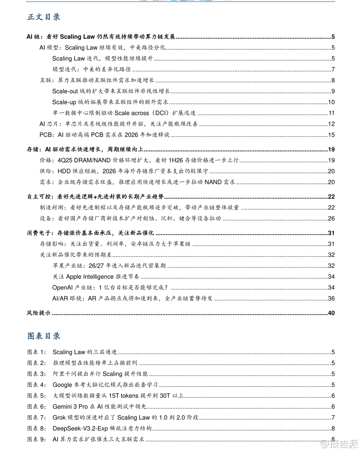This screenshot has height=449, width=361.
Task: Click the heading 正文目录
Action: click(44, 17)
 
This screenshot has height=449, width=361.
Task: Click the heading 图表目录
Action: click(44, 336)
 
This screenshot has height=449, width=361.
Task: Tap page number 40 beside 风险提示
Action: click(331, 313)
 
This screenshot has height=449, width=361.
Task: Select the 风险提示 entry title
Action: click(38, 313)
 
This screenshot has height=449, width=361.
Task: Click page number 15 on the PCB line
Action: click(331, 135)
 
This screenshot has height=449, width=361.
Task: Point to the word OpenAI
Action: click(63, 288)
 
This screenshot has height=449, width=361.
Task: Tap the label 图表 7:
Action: click(36, 418)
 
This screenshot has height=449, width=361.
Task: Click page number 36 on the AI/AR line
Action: click(331, 299)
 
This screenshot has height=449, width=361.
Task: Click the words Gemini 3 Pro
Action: click(70, 407)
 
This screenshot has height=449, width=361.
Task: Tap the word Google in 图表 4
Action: click(62, 385)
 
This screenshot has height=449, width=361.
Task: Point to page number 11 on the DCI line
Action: click(331, 113)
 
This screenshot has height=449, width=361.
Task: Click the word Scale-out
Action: click(65, 92)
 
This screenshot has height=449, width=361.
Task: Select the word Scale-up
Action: click(64, 102)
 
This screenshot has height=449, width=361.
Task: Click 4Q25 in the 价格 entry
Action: click(65, 161)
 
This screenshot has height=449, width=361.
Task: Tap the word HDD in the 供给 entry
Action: click(64, 171)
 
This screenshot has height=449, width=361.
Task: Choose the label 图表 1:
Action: click(36, 352)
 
